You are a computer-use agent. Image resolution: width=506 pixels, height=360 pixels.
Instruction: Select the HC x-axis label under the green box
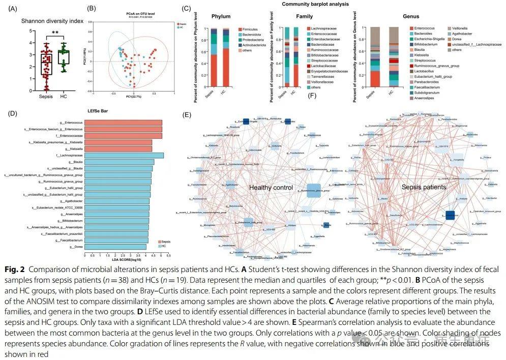pyautogui.click(x=64, y=97)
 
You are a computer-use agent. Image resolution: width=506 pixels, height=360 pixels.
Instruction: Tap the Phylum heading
pyautogui.click(x=221, y=16)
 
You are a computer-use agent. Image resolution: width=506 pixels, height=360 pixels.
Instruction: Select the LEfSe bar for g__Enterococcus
pyautogui.click(x=123, y=122)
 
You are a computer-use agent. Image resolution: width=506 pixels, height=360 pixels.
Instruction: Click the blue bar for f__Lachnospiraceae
pyautogui.click(x=124, y=156)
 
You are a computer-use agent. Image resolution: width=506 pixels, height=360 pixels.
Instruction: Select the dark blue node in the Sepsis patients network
pyautogui.click(x=450, y=216)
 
